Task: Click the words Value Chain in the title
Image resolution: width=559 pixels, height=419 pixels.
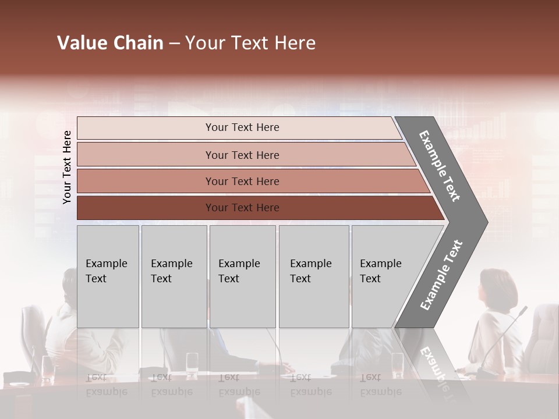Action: coord(110,43)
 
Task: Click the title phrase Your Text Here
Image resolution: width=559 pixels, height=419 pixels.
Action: coord(250,43)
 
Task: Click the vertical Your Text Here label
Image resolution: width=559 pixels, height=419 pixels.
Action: coord(67,167)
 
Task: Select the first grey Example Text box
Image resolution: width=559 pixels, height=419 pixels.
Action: coord(108,276)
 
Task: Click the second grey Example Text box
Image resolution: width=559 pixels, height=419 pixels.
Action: coord(174,276)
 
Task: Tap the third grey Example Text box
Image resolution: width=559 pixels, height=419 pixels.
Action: coord(242,276)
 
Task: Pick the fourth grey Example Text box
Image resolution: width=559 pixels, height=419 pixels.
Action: coord(313,276)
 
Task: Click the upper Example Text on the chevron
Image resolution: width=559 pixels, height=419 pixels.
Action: coord(440,166)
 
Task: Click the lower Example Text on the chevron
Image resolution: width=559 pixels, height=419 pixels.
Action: coord(441,275)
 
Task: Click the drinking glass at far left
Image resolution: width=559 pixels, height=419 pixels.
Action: coord(47,367)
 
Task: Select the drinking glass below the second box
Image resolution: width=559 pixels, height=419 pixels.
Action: coord(192,364)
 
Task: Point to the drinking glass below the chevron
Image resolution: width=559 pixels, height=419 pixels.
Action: coord(397,364)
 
